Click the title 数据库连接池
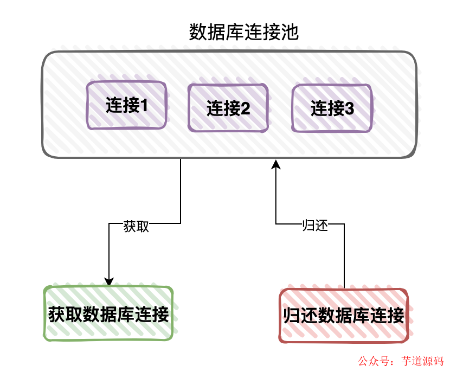tap(244, 33)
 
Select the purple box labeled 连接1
tap(127, 105)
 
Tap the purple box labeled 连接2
tap(228, 108)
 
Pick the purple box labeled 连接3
tap(332, 108)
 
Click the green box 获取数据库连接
tap(108, 314)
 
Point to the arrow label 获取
tap(136, 227)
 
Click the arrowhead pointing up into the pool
tap(276, 164)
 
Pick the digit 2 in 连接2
tap(245, 108)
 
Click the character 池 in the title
tap(291, 33)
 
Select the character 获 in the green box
tap(57, 314)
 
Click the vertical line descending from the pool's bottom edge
tap(180, 190)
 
